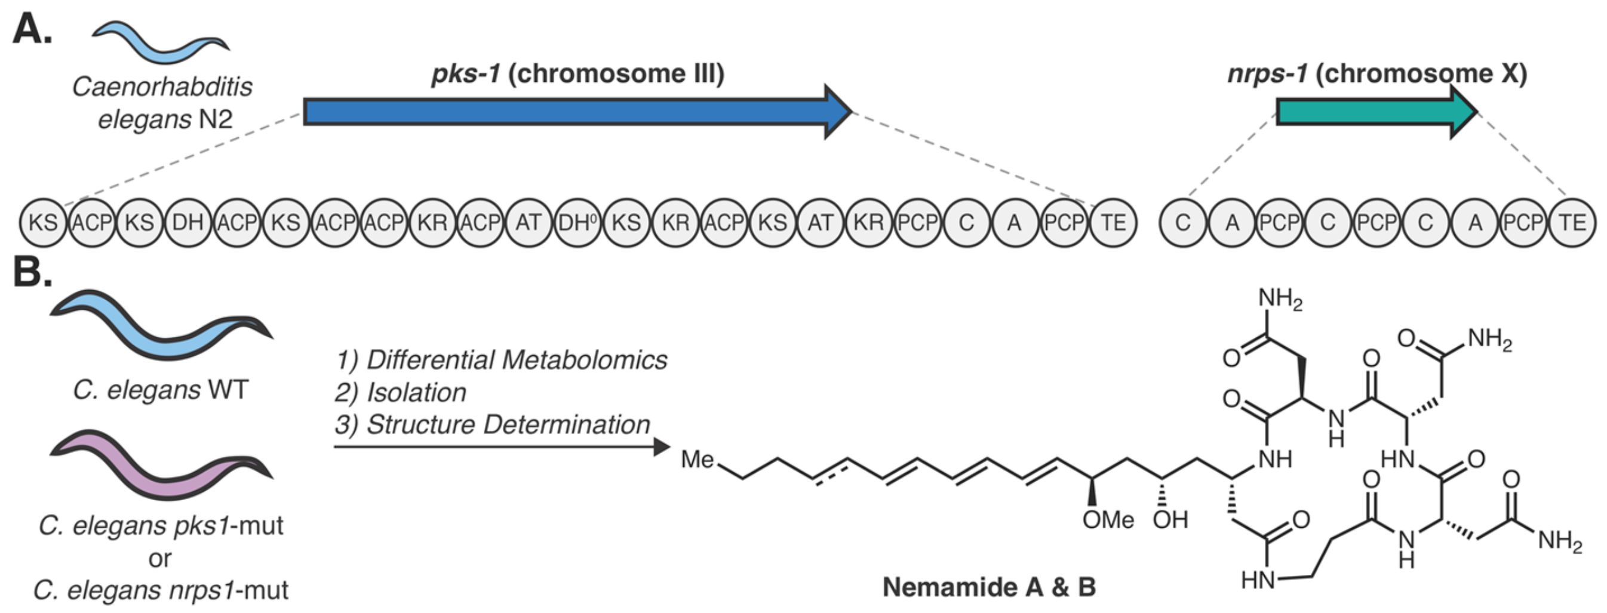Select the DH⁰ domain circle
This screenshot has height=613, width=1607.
point(577,223)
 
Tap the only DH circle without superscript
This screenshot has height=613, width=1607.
point(188,223)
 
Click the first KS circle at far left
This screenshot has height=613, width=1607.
point(43,223)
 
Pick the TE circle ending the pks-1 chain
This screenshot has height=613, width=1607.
point(1114,223)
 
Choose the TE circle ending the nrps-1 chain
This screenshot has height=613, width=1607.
point(1572,223)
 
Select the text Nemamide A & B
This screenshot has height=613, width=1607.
point(989,587)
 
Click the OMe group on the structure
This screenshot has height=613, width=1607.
point(1108,519)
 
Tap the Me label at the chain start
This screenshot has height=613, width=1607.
point(697,460)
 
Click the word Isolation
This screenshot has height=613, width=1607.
point(416,393)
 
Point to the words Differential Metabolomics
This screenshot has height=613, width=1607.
point(516,360)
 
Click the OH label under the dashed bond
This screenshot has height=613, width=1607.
point(1170,519)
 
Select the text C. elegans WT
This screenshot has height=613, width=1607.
point(160,390)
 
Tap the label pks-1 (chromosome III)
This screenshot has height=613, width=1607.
point(577,74)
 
